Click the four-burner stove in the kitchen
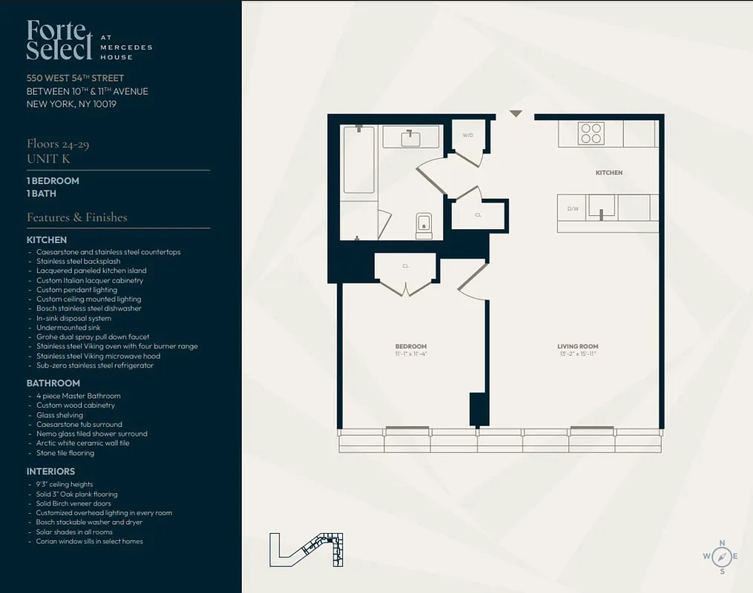click(591, 133)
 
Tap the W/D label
click(468, 136)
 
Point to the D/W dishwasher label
click(573, 209)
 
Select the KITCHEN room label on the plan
click(609, 173)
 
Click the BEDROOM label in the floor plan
click(410, 346)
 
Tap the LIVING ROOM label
click(578, 346)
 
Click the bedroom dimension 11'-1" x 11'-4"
click(410, 354)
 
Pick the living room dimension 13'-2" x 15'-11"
click(578, 354)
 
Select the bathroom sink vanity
click(410, 137)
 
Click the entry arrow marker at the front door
click(516, 113)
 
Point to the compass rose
click(720, 556)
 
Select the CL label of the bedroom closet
click(406, 265)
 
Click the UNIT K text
click(48, 158)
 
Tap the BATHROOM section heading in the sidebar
click(53, 383)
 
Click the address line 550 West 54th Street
click(75, 78)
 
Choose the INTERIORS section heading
click(50, 471)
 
